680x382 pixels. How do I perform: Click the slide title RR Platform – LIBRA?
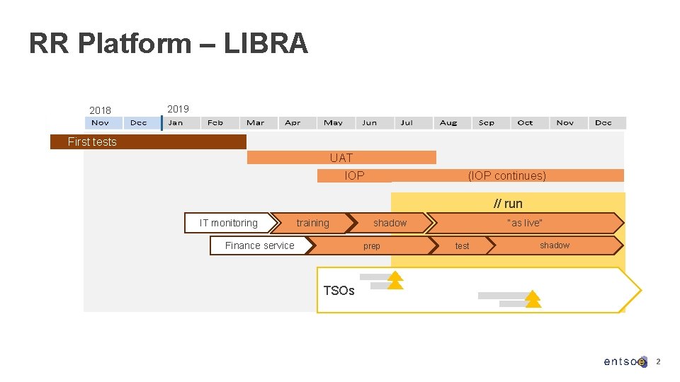pos(169,44)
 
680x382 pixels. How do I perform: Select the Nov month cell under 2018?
pos(101,122)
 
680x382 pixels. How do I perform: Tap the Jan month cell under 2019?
pos(176,122)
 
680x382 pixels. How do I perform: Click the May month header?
pos(333,122)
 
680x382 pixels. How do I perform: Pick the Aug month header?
pos(448,122)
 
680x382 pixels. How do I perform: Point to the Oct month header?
pos(525,122)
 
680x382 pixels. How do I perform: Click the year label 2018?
pos(100,110)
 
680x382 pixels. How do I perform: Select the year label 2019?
pos(178,109)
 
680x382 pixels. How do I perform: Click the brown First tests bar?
pos(148,141)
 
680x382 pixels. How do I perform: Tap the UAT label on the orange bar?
pos(341,158)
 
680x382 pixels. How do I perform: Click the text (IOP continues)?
pos(506,175)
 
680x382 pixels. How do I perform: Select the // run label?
pos(508,204)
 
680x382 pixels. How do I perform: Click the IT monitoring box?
pos(228,223)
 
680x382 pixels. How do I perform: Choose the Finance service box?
pos(259,245)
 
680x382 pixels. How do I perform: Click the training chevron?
pos(312,223)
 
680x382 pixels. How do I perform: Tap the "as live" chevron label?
pos(525,223)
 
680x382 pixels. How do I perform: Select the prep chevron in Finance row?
pos(372,245)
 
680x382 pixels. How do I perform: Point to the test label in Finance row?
pos(462,245)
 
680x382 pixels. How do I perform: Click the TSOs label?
pos(339,290)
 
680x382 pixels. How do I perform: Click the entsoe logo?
pos(625,361)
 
